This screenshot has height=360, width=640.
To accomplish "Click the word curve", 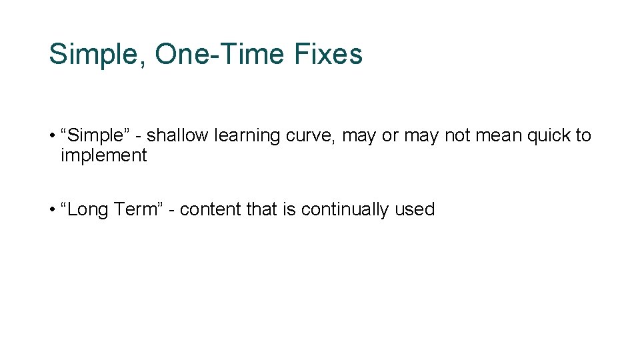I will (x=311, y=136).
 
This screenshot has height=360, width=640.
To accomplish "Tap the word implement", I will (x=103, y=156).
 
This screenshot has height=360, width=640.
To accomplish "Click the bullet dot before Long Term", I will (x=52, y=210).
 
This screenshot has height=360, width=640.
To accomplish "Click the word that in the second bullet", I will (x=261, y=209).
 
